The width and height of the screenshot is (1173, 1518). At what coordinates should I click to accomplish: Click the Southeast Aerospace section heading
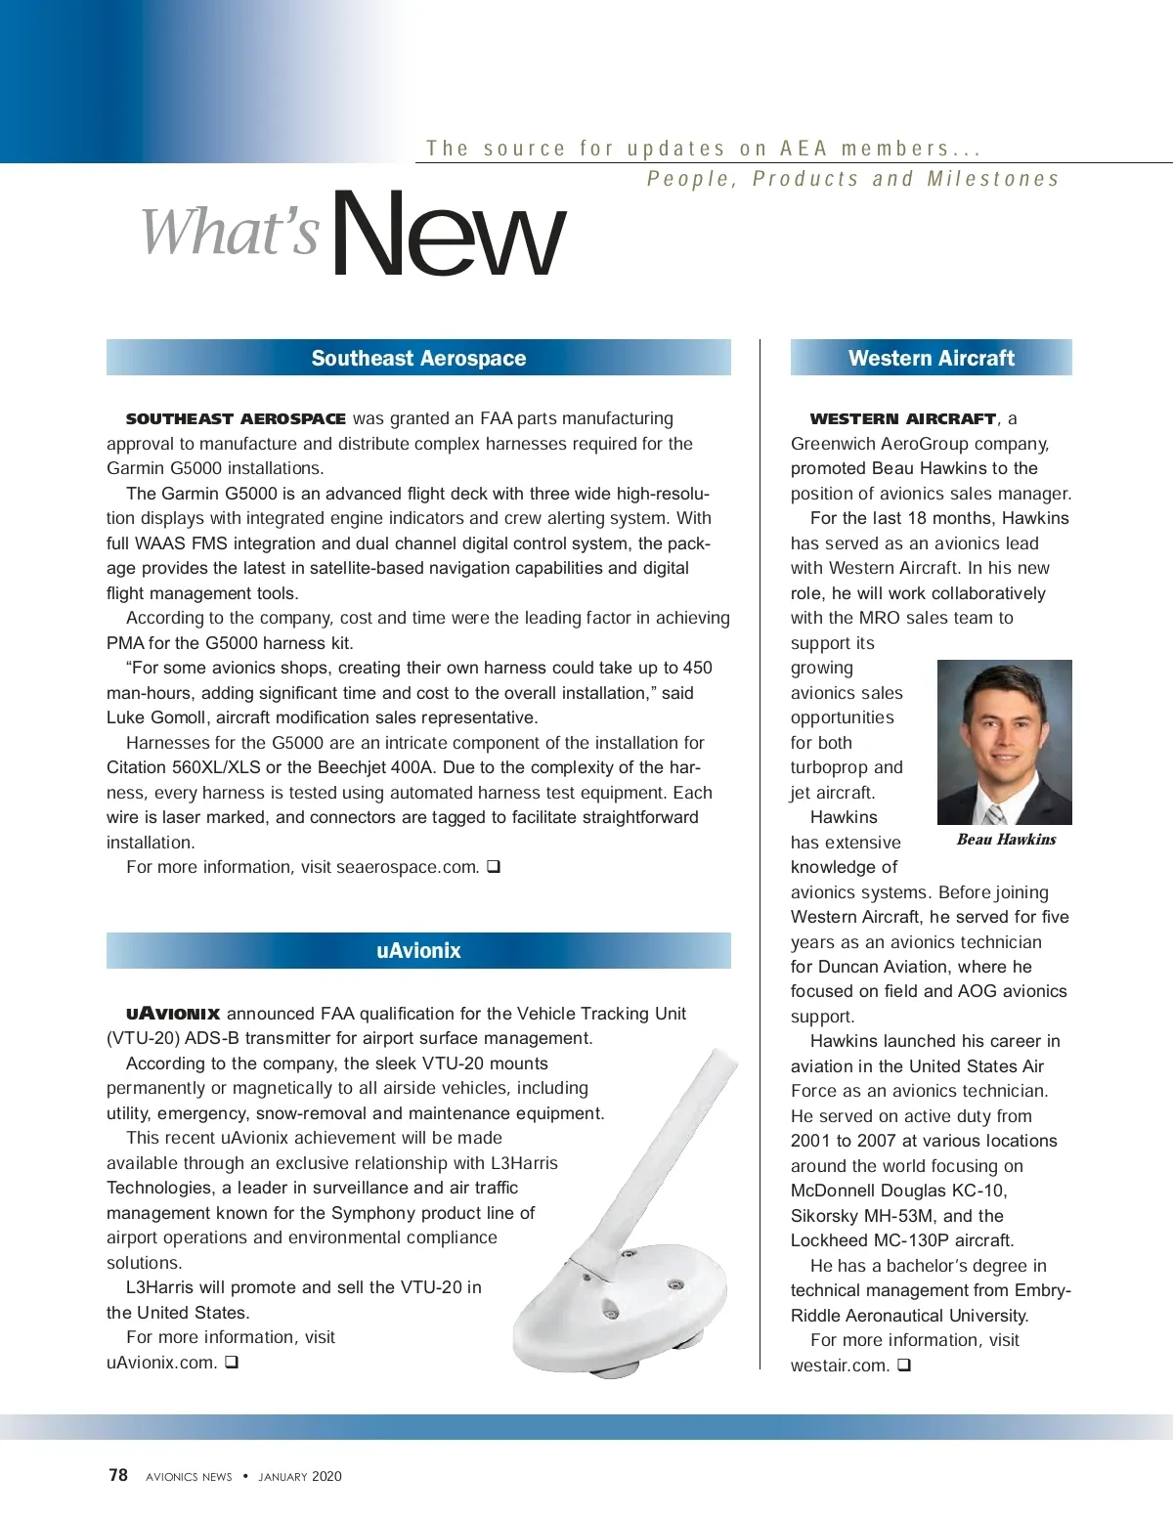[418, 358]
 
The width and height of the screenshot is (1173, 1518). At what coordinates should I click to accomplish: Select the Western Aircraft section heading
[931, 358]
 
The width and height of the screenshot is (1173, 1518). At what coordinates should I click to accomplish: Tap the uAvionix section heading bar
[418, 950]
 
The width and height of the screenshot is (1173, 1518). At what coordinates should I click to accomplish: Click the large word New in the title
[448, 235]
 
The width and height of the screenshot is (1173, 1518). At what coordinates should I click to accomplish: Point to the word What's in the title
[231, 233]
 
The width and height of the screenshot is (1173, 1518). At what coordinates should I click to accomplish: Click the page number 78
[118, 1475]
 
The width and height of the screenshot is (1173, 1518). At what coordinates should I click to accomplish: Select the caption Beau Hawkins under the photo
[1006, 840]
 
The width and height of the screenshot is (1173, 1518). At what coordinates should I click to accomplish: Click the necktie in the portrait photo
[995, 813]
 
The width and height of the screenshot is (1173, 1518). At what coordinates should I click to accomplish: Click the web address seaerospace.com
[408, 867]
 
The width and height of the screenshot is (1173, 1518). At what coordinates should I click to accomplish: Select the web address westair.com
[840, 1366]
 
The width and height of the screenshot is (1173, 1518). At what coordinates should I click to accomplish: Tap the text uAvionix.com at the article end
[161, 1363]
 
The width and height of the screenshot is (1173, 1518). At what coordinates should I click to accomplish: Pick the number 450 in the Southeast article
[697, 668]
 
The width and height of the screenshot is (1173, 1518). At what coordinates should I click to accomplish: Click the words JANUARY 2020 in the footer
[300, 1477]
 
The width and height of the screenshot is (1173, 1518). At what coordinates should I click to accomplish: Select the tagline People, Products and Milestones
[852, 179]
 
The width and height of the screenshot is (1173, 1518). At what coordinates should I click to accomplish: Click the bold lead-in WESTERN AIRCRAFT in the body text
[903, 419]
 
